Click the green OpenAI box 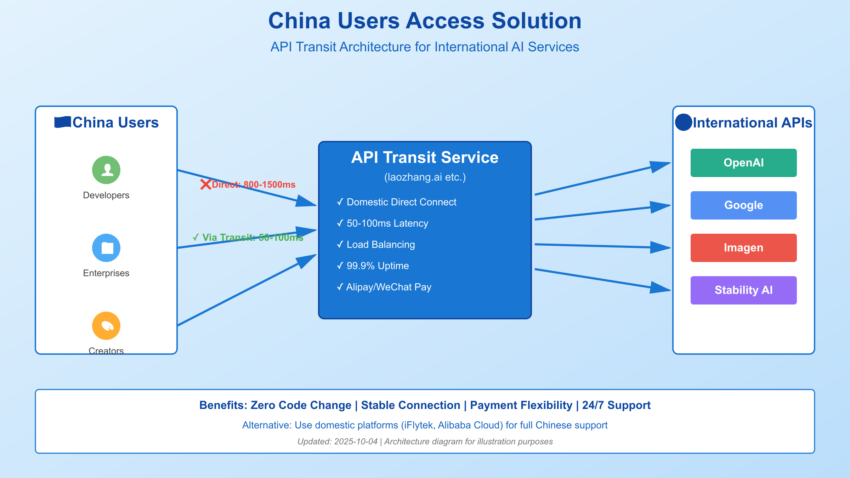743,163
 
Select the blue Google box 743,205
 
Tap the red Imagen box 743,248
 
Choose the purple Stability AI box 743,290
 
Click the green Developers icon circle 106,170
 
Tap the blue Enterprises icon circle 106,248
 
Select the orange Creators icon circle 106,326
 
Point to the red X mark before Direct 205,184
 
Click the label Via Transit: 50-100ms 248,237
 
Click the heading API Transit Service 425,158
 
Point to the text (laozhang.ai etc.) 425,177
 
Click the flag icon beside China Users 63,122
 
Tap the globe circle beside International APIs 683,123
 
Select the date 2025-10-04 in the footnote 356,442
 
